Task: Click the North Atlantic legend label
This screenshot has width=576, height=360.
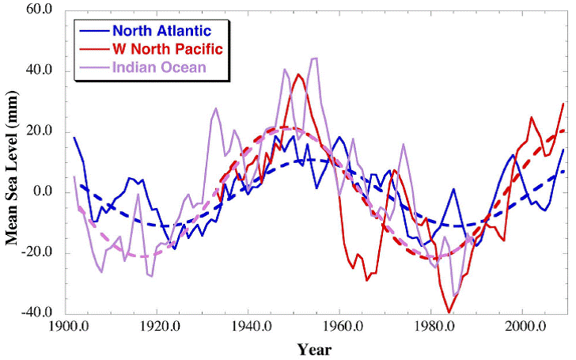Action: (162, 32)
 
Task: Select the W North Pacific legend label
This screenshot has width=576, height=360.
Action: (168, 49)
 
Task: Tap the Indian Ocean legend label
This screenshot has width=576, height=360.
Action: (159, 66)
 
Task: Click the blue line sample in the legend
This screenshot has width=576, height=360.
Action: (95, 32)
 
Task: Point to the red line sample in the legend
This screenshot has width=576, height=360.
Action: (95, 49)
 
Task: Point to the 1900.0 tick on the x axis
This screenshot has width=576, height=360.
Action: (68, 325)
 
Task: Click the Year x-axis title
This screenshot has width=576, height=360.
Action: (314, 349)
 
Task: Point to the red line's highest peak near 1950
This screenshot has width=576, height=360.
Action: (298, 74)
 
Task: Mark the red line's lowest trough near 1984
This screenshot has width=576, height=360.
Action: (449, 313)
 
